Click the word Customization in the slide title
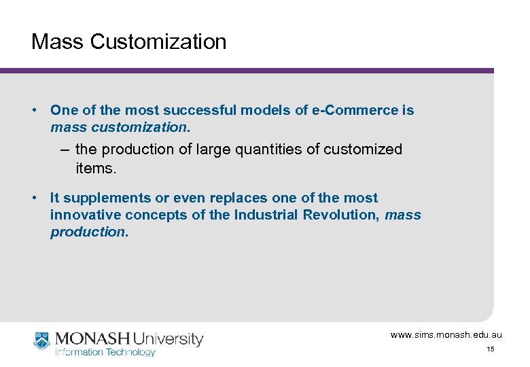coord(158,41)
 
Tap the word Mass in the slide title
coord(58,41)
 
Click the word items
coord(96,168)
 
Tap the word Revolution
coord(338,215)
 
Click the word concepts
coord(154,215)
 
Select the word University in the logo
coord(169,338)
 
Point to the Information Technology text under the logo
coord(105,352)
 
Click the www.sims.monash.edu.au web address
coord(446,335)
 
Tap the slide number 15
coord(490,349)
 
